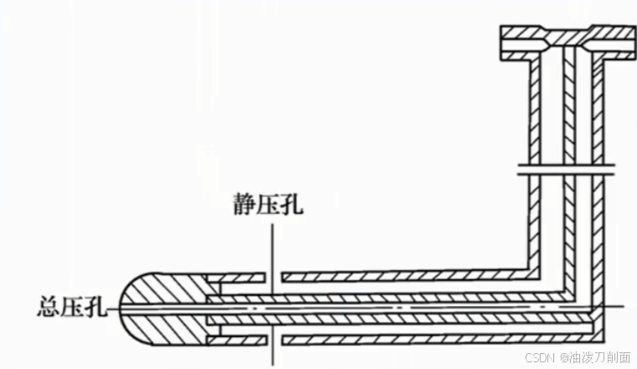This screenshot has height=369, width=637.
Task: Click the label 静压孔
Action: [x=268, y=205]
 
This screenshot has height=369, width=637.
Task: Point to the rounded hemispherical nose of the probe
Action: [x=155, y=309]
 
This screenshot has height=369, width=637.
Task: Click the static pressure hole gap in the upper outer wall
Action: [x=272, y=277]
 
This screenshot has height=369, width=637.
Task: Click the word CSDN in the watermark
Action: [x=540, y=357]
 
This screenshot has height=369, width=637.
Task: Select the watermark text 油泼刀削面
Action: [x=600, y=357]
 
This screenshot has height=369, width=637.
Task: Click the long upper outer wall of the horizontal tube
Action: [x=402, y=277]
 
